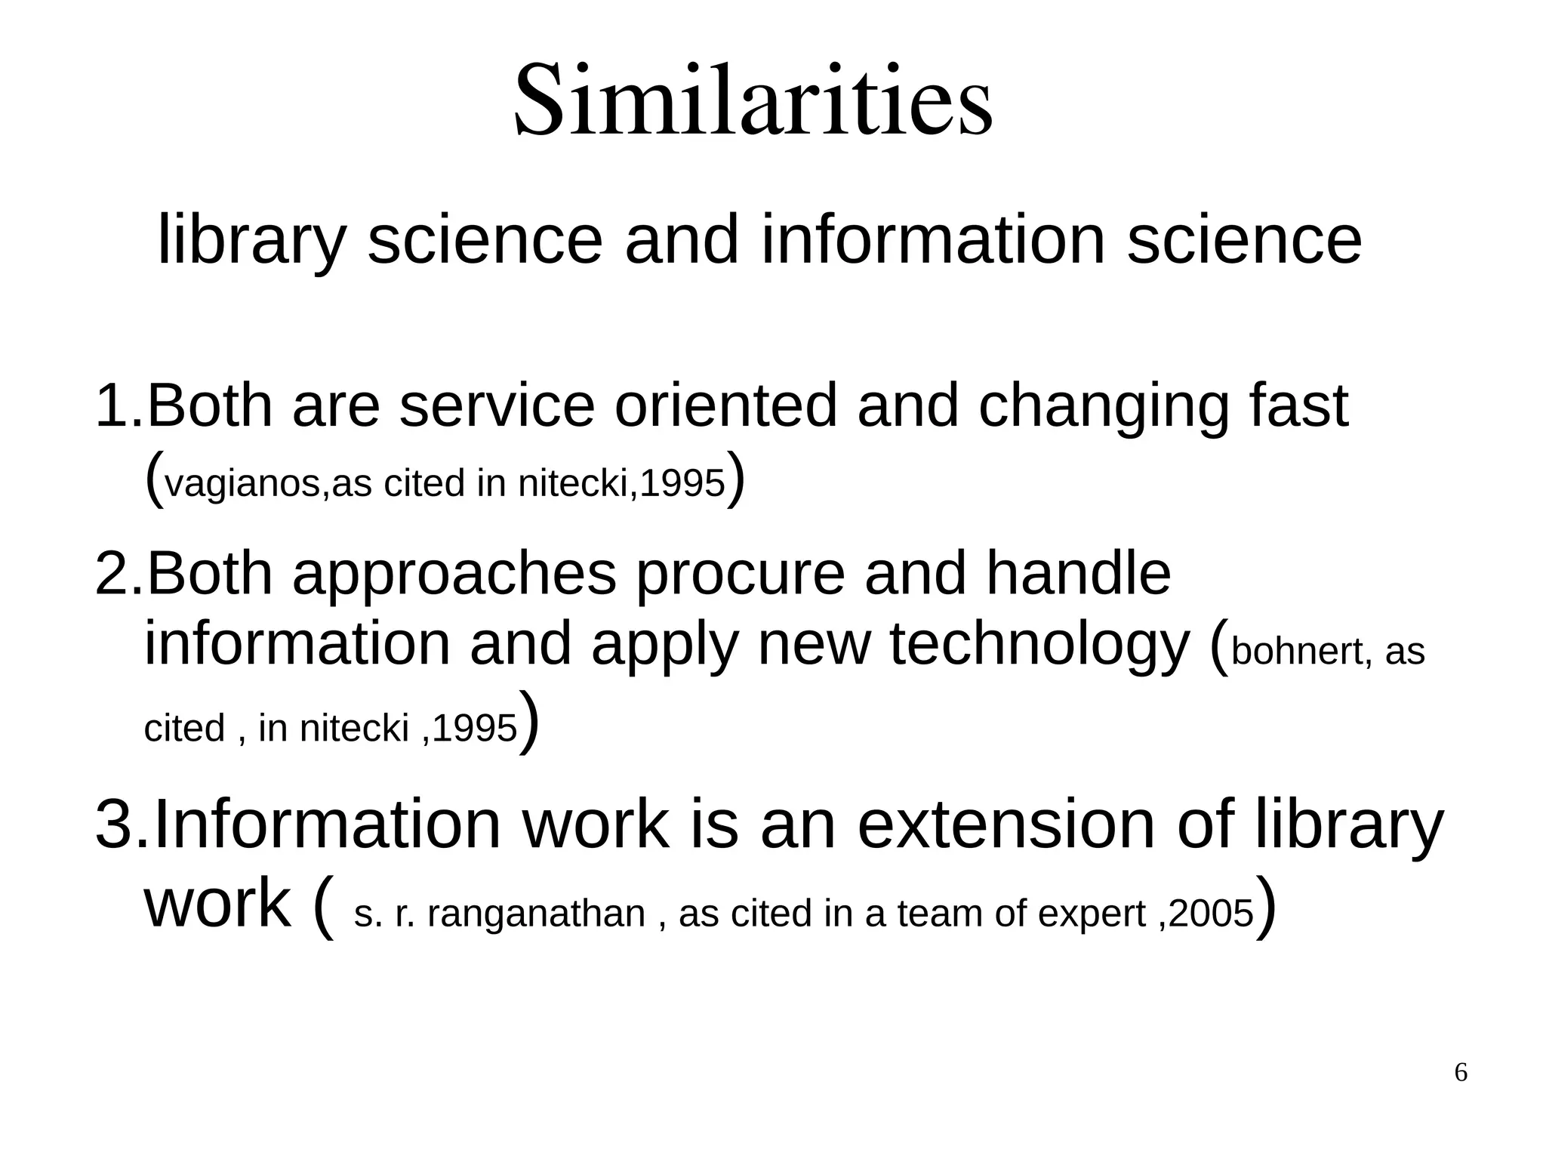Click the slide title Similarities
point(753,101)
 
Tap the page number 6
point(1461,1072)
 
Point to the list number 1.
point(113,405)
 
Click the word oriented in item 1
point(725,405)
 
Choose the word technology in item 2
point(1039,646)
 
